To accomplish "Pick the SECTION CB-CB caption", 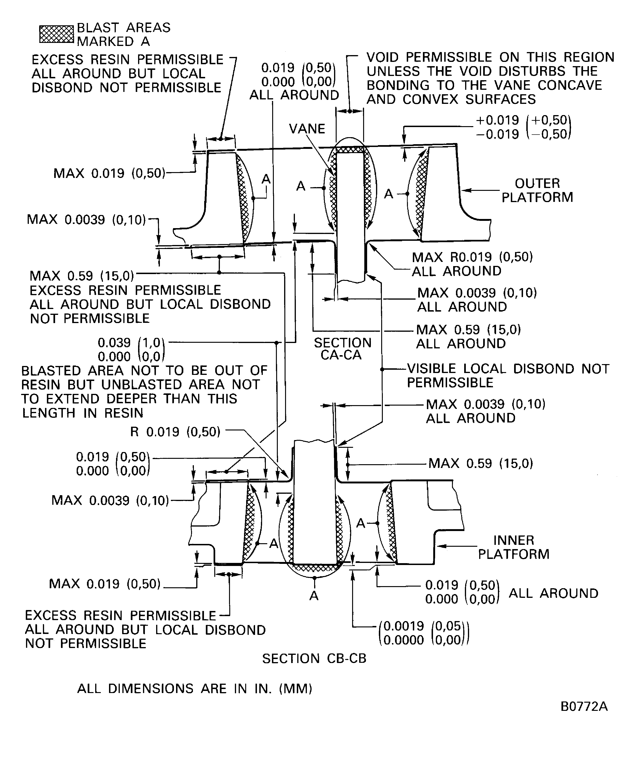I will tap(314, 659).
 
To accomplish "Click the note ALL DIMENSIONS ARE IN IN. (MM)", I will tap(195, 689).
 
